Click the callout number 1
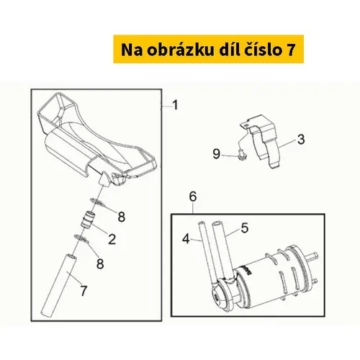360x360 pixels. pos(176,105)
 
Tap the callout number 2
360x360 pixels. pos(112,239)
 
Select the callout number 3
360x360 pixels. pos(301,139)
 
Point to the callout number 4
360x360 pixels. pos(186,239)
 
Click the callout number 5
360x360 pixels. pos(245,228)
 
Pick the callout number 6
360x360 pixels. pos(193,197)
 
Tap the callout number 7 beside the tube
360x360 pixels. pos(84,291)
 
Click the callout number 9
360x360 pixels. pos(217,154)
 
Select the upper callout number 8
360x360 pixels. pos(122,217)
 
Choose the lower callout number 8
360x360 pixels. pos(100,264)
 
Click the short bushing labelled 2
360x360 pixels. pos(88,219)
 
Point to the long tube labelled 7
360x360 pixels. pos(59,285)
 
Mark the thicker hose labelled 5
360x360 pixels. pos(223,250)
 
